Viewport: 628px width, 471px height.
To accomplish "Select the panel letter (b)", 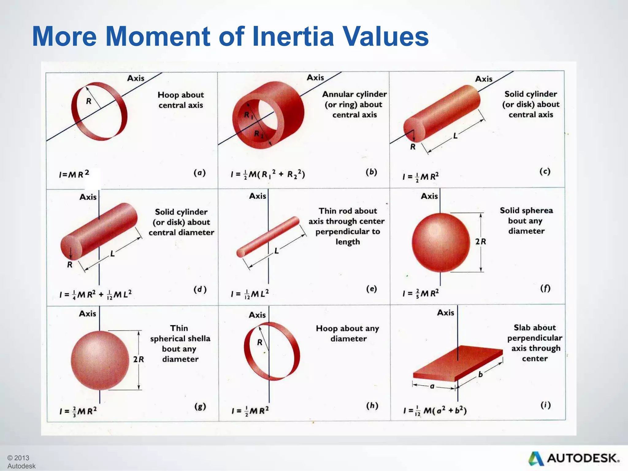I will click(x=371, y=172).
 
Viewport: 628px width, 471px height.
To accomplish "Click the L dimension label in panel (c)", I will click(x=455, y=136).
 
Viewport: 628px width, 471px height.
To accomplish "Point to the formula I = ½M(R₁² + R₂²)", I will click(x=268, y=174).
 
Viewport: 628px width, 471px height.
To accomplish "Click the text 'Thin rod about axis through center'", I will click(x=347, y=216).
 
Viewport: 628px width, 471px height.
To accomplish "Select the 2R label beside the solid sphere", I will click(x=481, y=242).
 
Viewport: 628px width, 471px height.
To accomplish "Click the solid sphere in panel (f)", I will click(x=441, y=242).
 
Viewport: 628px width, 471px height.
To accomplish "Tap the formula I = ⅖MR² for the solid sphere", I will click(x=420, y=293).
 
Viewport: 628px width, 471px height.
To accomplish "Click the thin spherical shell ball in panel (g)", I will click(x=100, y=360).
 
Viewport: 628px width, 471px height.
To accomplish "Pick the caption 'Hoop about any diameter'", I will click(x=348, y=333).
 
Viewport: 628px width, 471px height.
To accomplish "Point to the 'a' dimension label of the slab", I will click(x=432, y=386).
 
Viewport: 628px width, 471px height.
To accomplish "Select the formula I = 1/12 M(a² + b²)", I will click(x=435, y=411).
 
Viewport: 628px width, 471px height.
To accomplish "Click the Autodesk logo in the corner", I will click(x=573, y=459).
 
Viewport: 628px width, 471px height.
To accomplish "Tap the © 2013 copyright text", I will click(x=18, y=458).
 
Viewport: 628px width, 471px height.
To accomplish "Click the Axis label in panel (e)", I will click(x=257, y=196).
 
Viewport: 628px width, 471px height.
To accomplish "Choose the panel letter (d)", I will click(x=200, y=289).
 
